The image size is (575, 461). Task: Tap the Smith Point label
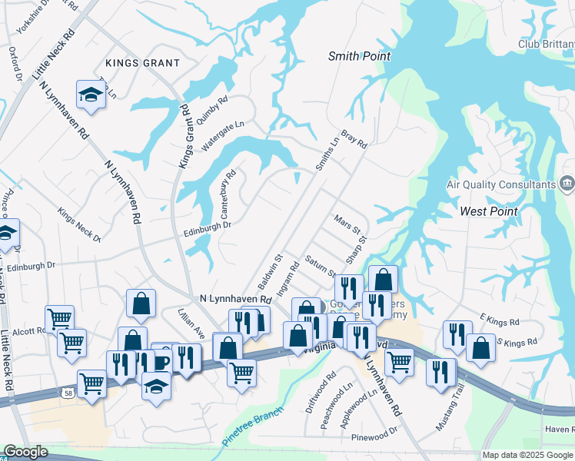pyautogui.click(x=359, y=56)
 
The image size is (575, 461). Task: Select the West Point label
pyautogui.click(x=488, y=211)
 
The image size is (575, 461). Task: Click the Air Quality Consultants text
pyautogui.click(x=500, y=184)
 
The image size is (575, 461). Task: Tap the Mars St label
pyautogui.click(x=347, y=225)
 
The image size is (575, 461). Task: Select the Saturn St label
pyautogui.click(x=321, y=266)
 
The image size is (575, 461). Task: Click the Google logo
pyautogui.click(x=25, y=453)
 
